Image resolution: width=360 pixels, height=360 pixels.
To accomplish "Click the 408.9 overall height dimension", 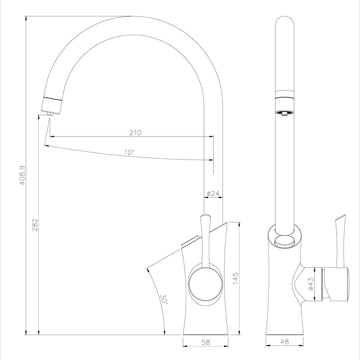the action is pos(22,175).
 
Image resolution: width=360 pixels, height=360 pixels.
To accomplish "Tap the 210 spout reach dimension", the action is pos(135,133).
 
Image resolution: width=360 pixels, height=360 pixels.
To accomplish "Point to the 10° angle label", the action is pos(129,152).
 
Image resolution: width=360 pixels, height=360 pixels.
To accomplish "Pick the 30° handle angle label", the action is pos(163,299).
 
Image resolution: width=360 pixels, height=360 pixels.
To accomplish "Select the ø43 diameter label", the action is pos(311,283).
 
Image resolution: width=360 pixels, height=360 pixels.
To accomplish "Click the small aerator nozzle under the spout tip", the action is pos(50,114).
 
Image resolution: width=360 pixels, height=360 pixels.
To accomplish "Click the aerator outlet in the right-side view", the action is pos(284,113).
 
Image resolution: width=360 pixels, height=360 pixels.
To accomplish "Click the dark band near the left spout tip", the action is pos(53,98).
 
